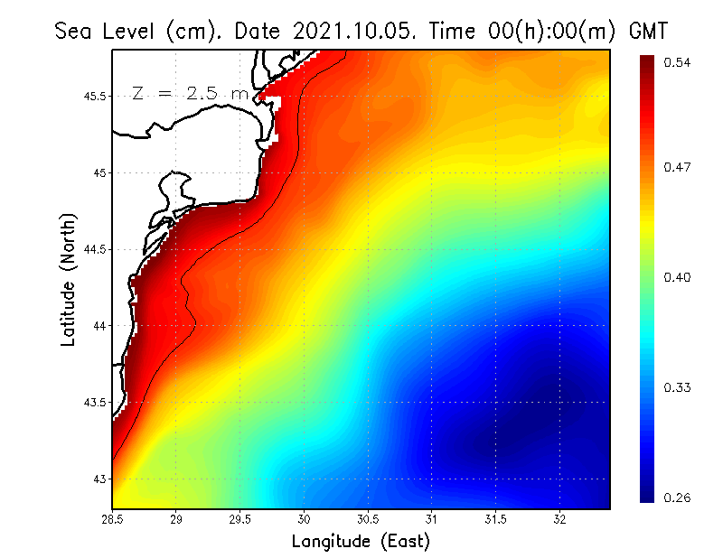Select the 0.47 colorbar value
tap(677, 167)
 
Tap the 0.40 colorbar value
tap(677, 277)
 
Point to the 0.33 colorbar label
tap(677, 387)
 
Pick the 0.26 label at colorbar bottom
tap(677, 496)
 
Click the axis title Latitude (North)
tap(68, 280)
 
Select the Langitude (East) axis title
tap(361, 542)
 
